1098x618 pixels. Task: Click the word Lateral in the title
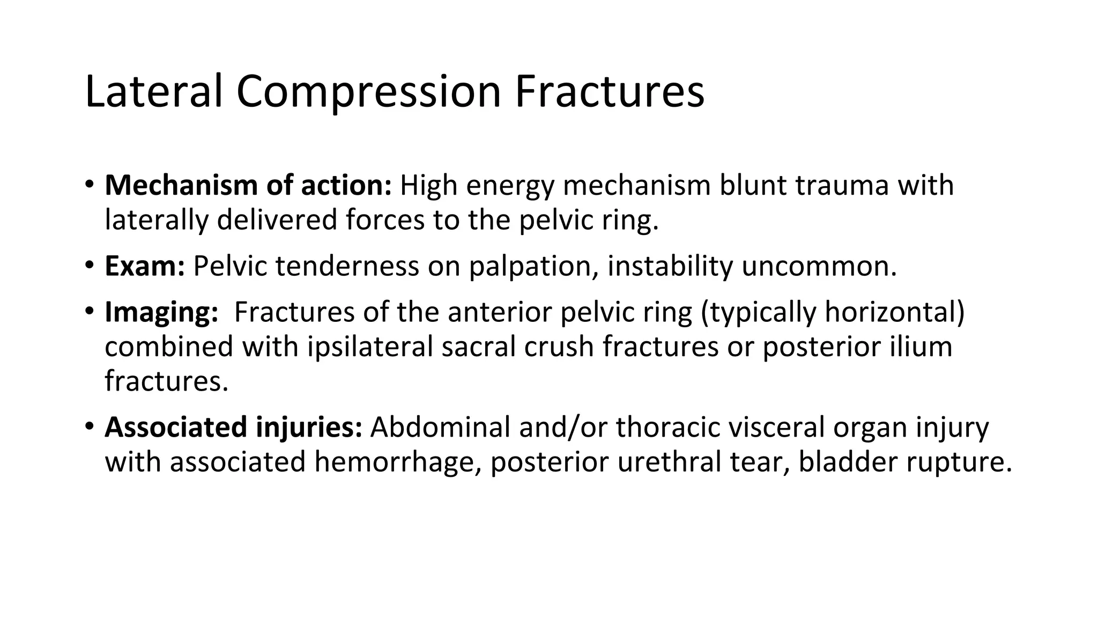tap(153, 92)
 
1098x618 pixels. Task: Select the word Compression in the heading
tap(368, 92)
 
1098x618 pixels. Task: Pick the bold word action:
tap(346, 185)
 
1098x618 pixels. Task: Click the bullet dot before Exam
tap(89, 264)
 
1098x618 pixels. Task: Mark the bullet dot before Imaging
tap(89, 311)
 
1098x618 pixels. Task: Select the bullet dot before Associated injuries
tap(89, 426)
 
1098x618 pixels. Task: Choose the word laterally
tap(156, 220)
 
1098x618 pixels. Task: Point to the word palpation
tap(533, 266)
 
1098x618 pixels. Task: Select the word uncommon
tap(819, 266)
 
